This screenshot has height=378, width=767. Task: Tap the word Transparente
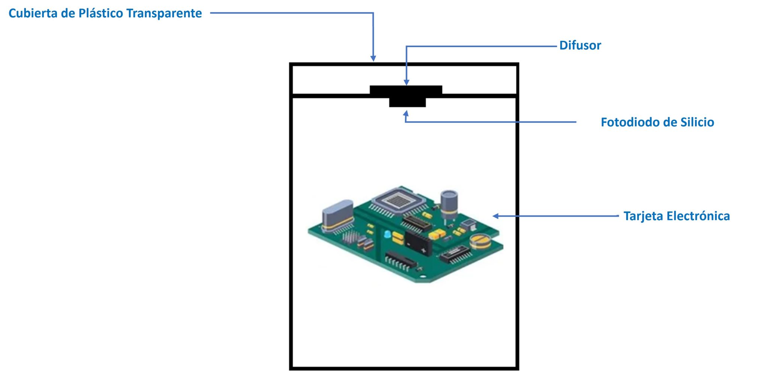(164, 13)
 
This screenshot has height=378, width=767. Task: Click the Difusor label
(580, 46)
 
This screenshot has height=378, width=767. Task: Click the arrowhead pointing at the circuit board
(495, 216)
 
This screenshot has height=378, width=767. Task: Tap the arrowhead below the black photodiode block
(406, 112)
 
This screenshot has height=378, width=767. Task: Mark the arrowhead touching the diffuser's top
(406, 83)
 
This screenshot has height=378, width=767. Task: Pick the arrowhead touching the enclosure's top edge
(373, 59)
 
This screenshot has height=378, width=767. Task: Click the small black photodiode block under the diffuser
(407, 102)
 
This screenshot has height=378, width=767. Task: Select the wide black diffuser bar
(406, 90)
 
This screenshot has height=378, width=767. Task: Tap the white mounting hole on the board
(423, 277)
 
